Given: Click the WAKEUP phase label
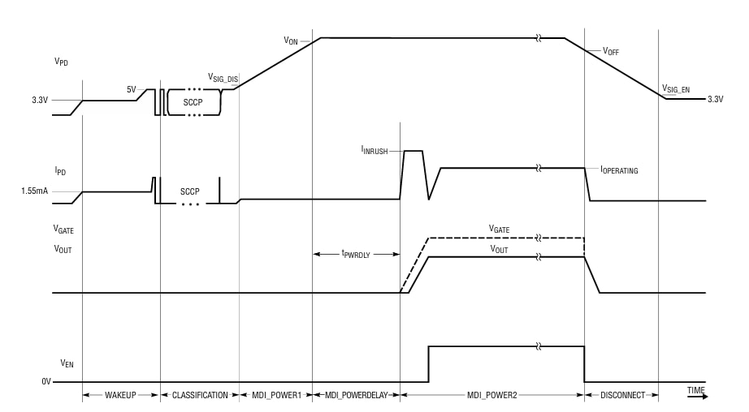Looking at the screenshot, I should (121, 395).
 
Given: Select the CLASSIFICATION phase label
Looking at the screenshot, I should (200, 395).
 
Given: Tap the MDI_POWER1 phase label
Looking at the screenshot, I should (275, 395).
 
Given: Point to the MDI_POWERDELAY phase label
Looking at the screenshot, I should (356, 395).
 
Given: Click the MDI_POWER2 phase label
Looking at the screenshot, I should (491, 395).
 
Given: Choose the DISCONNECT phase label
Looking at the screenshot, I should (621, 395).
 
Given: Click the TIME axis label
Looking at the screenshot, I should (695, 390).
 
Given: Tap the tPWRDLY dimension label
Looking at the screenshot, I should (356, 254).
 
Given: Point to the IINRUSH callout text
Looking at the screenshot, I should (374, 150).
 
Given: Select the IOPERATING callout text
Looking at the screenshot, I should (619, 170).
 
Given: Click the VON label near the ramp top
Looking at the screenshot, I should (291, 40).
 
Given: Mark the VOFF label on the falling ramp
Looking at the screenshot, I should (611, 50).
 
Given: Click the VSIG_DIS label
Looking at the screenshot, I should (223, 79).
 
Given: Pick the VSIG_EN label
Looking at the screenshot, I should (676, 88).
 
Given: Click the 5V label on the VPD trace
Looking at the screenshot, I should (131, 89).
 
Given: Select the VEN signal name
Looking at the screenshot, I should (67, 363).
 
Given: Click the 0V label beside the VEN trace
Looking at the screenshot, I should (46, 381).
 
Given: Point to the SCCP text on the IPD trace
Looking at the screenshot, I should (189, 191).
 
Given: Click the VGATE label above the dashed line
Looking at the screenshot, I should (499, 230).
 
